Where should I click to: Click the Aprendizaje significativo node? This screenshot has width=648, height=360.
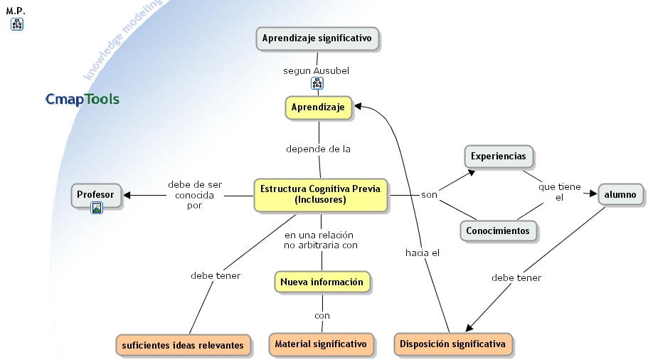tap(317, 39)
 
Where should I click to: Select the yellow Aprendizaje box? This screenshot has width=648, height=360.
tap(318, 108)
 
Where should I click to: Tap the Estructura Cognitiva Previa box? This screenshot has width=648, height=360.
tap(321, 195)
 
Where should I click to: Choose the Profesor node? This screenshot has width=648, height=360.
tap(96, 196)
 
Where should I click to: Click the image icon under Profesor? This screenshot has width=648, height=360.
tap(97, 208)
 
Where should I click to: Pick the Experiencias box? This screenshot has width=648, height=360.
tap(499, 157)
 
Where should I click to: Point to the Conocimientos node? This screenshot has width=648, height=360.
tap(498, 231)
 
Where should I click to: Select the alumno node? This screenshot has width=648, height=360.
tap(621, 195)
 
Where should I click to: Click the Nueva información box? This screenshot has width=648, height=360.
tap(322, 282)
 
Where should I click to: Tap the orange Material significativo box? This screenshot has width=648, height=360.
tap(321, 344)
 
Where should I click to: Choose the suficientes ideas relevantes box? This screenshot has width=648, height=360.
tap(183, 346)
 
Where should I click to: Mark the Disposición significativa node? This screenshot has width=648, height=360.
tap(453, 344)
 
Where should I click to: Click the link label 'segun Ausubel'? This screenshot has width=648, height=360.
tap(316, 70)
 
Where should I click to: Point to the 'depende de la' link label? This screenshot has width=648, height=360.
tap(318, 149)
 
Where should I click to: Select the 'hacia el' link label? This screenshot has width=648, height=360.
tap(423, 253)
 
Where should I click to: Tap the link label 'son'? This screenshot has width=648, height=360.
tap(429, 195)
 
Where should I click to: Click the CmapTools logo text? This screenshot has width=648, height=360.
tap(83, 100)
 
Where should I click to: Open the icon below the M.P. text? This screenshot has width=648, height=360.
tap(17, 24)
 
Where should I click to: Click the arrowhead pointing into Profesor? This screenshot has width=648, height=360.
tap(127, 195)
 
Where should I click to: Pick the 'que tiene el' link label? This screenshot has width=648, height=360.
tap(560, 192)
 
